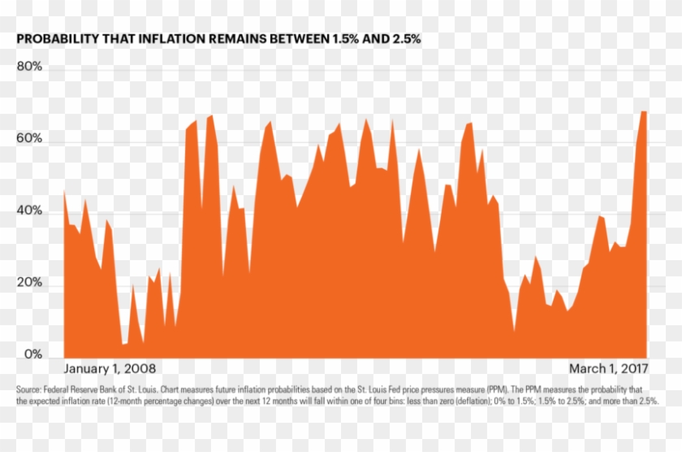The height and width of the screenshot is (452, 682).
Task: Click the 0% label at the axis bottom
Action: coord(32,354)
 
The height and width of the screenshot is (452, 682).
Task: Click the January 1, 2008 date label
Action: coord(110,368)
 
